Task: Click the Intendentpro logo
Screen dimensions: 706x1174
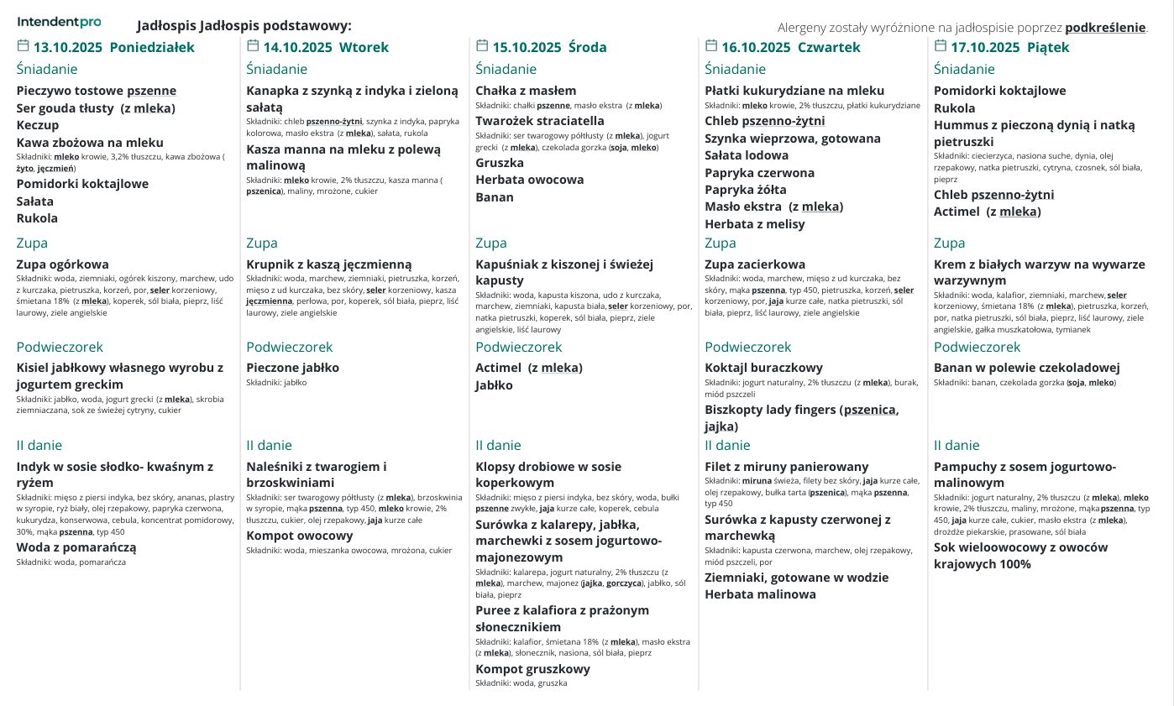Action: tap(59, 22)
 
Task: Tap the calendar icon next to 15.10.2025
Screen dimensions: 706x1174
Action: tap(481, 46)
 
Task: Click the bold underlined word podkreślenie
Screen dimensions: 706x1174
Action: tap(1105, 28)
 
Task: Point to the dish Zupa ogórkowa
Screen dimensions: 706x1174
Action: tap(63, 264)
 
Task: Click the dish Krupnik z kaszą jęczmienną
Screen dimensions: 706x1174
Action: tap(329, 264)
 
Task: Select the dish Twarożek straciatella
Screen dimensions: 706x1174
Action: tap(540, 121)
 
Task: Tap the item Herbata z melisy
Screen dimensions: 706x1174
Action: tap(755, 224)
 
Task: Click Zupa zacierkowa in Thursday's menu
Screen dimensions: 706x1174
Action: tap(755, 264)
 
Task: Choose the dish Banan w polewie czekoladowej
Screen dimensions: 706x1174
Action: tap(1027, 368)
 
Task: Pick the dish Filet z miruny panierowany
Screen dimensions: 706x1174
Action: tap(787, 467)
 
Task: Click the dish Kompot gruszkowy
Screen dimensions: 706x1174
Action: tap(532, 669)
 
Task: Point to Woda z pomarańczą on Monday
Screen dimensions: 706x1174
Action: tap(76, 547)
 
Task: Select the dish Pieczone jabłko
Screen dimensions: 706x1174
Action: tap(293, 368)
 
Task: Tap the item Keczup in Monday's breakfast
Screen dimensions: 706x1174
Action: tap(38, 125)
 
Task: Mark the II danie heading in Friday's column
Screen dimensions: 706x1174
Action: tap(956, 446)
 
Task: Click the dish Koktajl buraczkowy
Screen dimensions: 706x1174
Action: tap(763, 368)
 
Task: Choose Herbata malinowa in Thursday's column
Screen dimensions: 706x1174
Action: tap(760, 594)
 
